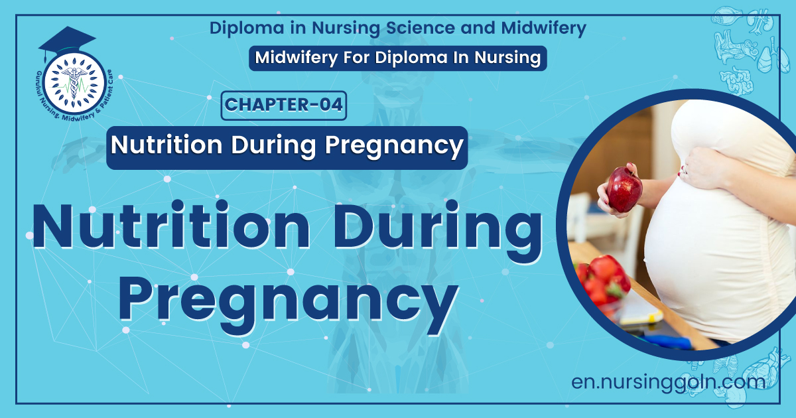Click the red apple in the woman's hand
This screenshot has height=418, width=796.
click(624, 189)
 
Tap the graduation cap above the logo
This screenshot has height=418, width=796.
click(67, 42)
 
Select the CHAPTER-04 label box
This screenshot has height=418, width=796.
click(284, 105)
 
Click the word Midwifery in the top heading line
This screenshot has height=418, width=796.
click(543, 28)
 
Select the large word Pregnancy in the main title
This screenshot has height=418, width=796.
click(288, 301)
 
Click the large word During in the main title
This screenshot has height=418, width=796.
click(437, 228)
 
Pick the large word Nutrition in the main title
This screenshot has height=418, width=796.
click(171, 225)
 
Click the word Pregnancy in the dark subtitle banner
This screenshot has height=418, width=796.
click(394, 145)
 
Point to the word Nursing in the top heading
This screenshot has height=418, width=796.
click(346, 29)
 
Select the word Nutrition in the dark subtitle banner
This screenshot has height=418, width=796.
click(166, 145)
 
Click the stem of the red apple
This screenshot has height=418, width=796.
click(631, 169)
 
